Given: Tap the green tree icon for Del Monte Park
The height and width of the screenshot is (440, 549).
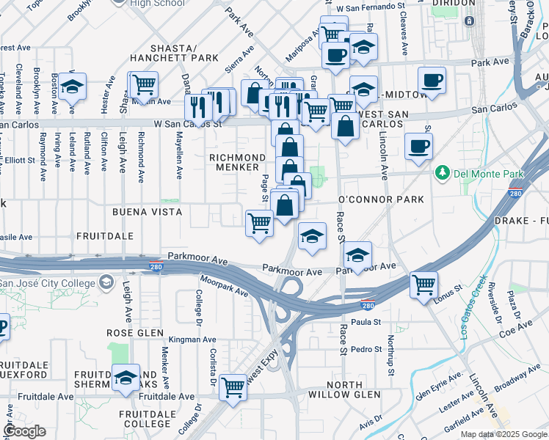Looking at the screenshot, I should (x=442, y=174).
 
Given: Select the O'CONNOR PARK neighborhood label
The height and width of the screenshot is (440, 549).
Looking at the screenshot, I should (x=381, y=199).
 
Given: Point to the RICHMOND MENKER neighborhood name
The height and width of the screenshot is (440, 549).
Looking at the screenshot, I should (x=237, y=162).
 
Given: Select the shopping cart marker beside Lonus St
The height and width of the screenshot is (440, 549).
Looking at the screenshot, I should (x=423, y=285).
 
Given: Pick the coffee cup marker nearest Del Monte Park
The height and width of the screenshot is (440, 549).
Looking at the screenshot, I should (x=418, y=146).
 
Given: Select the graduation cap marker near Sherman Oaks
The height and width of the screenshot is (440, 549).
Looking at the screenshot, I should (x=126, y=378).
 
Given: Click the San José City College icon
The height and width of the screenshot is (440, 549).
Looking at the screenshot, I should (x=107, y=282).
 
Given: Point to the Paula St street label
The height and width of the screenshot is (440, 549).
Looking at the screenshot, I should (x=366, y=322).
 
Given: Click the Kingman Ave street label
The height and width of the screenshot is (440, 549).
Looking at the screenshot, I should (x=192, y=340).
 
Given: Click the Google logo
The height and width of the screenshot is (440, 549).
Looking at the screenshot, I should (x=24, y=431).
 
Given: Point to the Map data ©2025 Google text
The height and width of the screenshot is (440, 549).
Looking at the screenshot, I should (x=503, y=434).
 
